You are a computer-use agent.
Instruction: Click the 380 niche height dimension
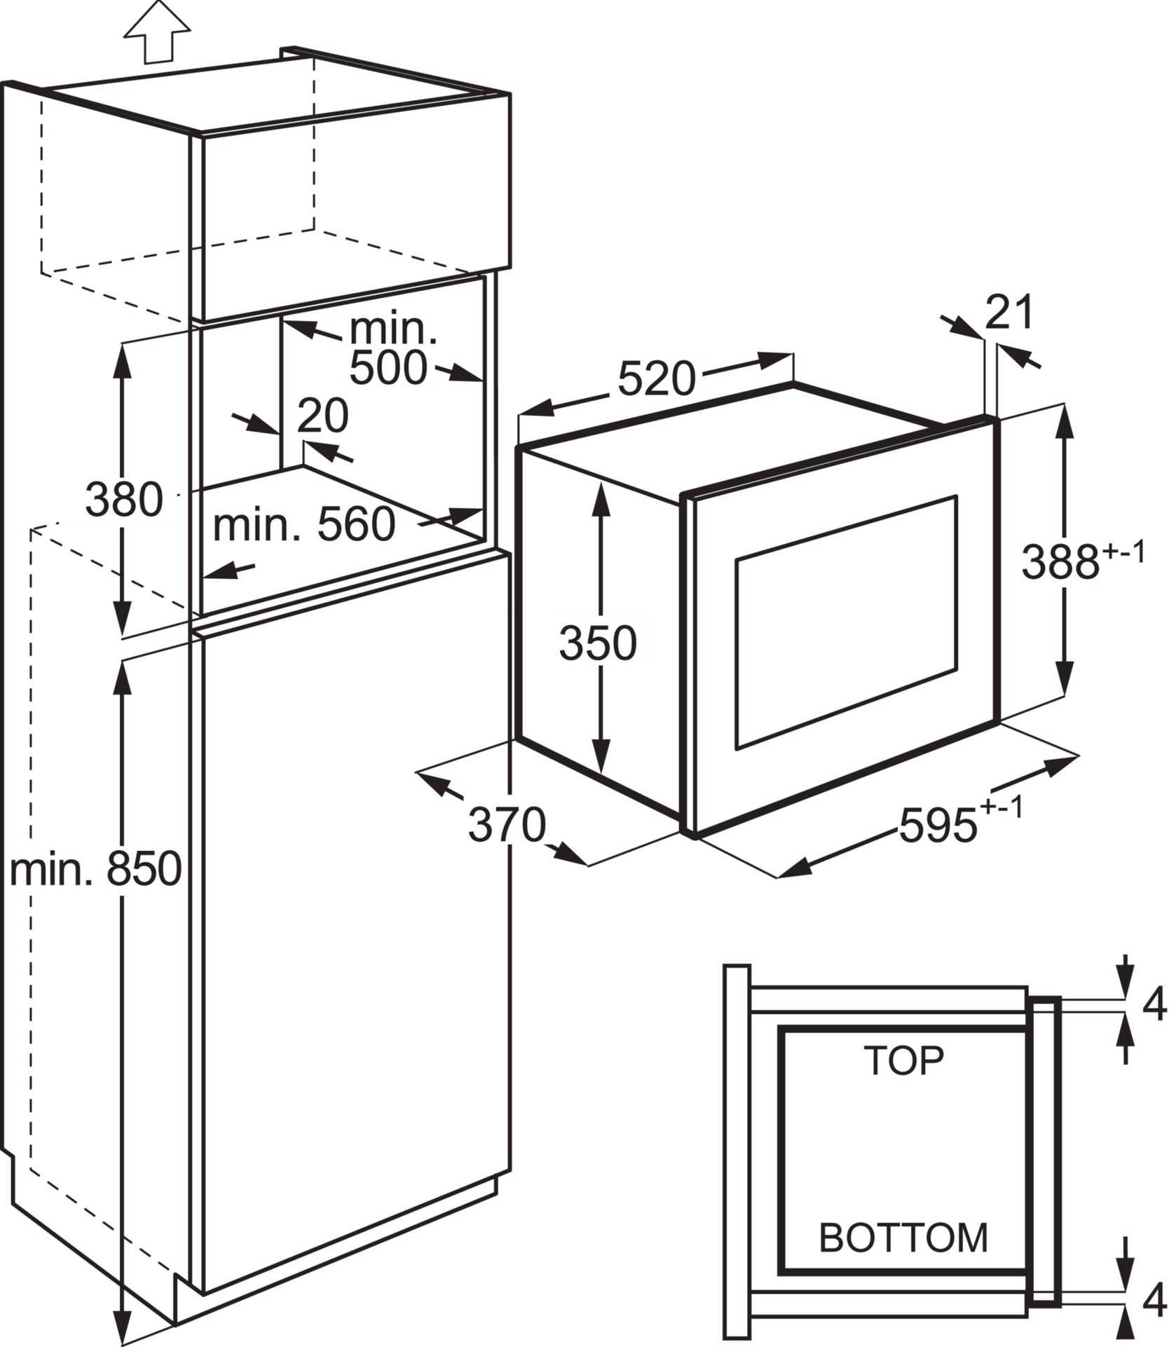[x=124, y=500]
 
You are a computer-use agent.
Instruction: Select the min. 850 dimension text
[x=96, y=870]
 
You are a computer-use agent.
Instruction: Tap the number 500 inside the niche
[x=388, y=368]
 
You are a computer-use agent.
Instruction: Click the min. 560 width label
[x=304, y=524]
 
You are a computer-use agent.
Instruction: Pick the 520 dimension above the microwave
[x=656, y=379]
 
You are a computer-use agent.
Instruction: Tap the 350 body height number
[x=598, y=643]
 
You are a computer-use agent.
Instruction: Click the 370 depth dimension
[x=507, y=825]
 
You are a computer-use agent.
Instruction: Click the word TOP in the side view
[x=904, y=1060]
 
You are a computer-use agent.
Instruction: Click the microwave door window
[x=846, y=622]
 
